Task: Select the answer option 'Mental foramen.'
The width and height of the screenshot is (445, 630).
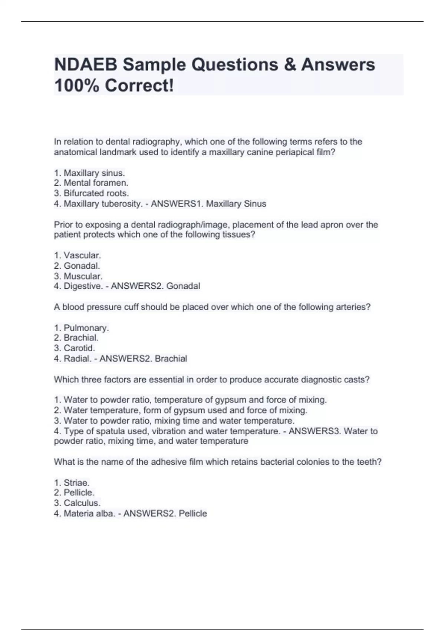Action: (x=96, y=183)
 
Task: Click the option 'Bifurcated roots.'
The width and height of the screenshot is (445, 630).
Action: (x=96, y=193)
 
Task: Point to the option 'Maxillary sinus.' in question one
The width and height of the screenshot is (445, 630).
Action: (x=94, y=173)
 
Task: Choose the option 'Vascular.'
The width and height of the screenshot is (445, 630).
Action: (x=82, y=255)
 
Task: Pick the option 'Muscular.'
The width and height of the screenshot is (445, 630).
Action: (x=83, y=276)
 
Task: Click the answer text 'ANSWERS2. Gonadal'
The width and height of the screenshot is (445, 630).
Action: (x=155, y=286)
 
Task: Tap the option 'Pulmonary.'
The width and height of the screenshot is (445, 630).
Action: (x=86, y=328)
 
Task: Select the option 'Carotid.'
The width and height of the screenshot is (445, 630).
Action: (x=79, y=348)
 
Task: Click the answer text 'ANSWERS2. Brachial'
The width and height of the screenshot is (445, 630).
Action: (x=144, y=358)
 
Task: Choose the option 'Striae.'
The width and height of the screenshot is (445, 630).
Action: (x=76, y=483)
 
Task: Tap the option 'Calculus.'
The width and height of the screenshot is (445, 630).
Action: (x=82, y=503)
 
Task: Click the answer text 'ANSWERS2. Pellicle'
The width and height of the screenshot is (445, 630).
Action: (x=165, y=513)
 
